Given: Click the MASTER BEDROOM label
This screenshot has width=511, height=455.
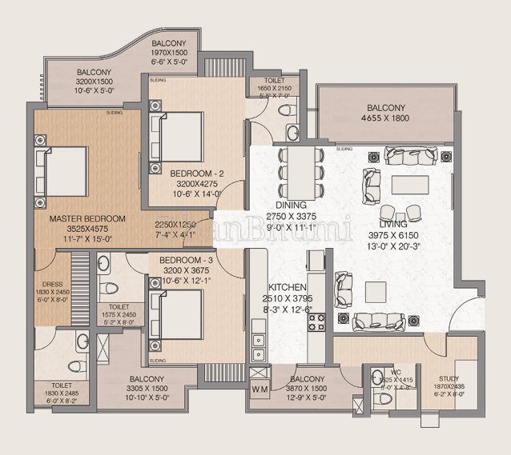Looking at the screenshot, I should pos(87,218).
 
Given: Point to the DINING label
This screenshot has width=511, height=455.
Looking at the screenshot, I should pos(288,205).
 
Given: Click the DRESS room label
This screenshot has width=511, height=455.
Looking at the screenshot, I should pos(52,283).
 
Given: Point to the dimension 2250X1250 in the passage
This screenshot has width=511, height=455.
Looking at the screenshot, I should pos(175,225).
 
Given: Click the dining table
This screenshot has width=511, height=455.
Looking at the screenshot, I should pos(300,171).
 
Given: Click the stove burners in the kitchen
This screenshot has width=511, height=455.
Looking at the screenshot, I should pos(315,322).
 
